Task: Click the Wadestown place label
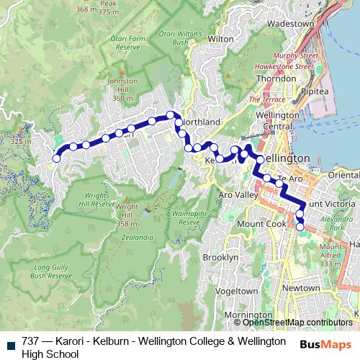tap(290, 23)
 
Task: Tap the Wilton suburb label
tap(220, 38)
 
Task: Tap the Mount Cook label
tap(256, 223)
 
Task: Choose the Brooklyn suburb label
tap(220, 257)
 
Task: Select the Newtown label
tap(300, 288)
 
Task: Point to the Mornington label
tap(243, 315)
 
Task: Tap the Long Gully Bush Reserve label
tap(53, 271)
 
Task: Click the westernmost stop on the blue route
tap(56, 158)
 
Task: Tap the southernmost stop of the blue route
tap(300, 226)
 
